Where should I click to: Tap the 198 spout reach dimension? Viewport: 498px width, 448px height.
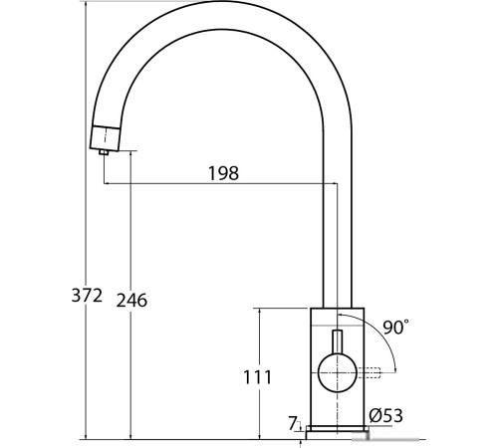tap(223, 173)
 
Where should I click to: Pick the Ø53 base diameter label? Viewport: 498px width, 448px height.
tap(385, 417)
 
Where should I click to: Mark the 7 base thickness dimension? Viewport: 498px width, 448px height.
tap(293, 423)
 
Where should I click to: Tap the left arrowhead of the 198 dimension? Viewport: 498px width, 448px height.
tap(107, 184)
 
